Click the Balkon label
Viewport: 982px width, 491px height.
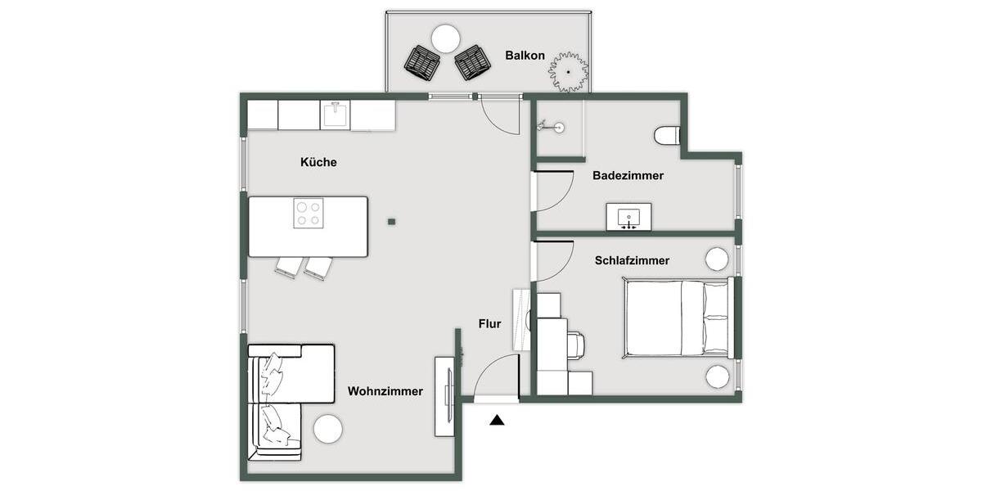(525, 56)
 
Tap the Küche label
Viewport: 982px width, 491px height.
(318, 162)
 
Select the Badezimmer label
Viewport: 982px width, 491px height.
(628, 175)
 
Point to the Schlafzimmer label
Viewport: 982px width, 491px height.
(632, 260)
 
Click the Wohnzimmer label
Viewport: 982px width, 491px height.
(385, 391)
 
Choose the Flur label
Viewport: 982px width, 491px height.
(489, 324)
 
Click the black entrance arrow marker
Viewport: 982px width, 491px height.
(497, 421)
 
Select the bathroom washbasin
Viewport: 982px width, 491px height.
(628, 217)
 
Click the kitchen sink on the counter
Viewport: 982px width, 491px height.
(334, 115)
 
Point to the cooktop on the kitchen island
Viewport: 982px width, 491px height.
(308, 214)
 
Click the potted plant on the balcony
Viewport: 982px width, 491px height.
(568, 72)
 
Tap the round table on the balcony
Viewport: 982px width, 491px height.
(446, 38)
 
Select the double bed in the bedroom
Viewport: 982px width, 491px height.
(676, 318)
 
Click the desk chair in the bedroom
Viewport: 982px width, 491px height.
(574, 345)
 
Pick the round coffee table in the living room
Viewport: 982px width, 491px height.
(328, 429)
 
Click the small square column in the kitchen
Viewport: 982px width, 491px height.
(392, 221)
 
